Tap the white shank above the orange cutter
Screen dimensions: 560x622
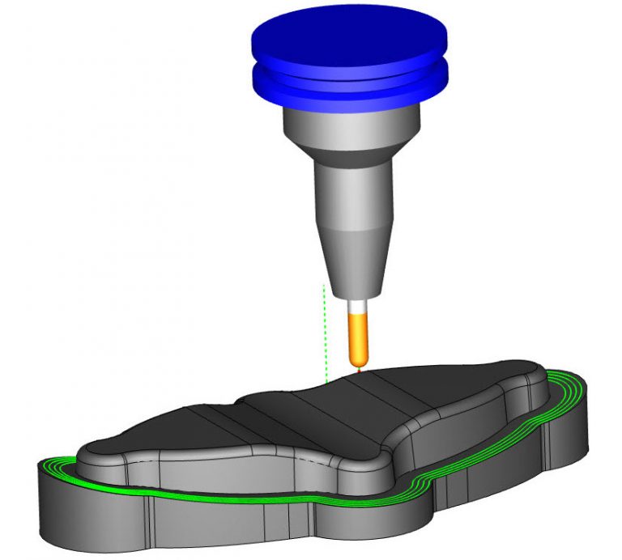coord(356,307)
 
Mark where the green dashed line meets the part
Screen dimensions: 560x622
coord(326,383)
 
